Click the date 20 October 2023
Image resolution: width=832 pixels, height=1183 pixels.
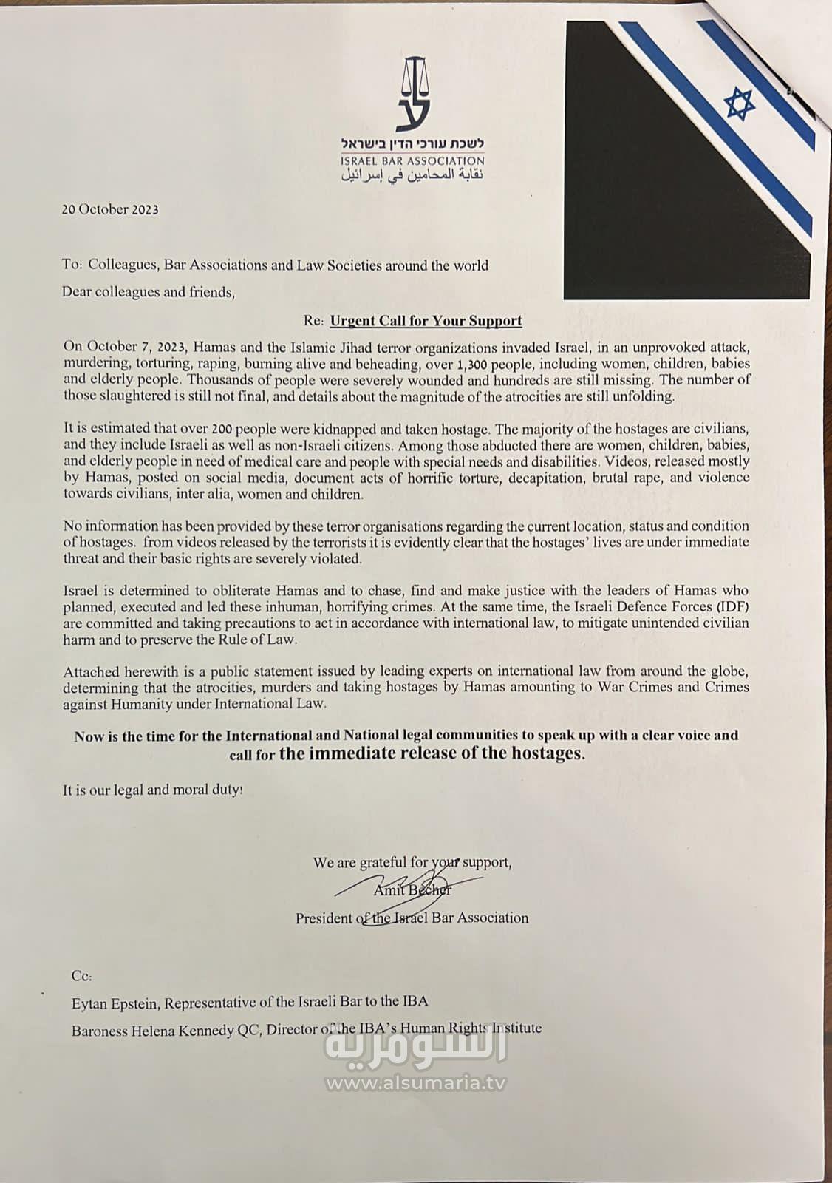coord(110,209)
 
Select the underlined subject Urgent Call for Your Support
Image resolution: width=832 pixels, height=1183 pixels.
coord(426,321)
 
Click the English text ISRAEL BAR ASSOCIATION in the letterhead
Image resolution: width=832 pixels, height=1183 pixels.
coord(412,160)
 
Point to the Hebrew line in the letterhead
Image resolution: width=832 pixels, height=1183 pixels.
coord(412,143)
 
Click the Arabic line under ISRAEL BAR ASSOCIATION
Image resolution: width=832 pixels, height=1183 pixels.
coord(412,176)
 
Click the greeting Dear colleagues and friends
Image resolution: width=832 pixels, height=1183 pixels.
coord(148,292)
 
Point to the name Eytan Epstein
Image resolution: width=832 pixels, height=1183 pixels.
coord(115,1002)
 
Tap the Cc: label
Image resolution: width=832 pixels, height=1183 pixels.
coord(81,976)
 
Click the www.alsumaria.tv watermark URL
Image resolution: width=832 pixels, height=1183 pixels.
coord(416,1083)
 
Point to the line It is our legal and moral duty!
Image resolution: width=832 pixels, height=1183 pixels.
coord(152,790)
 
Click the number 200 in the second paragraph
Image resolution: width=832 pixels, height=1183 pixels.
coord(222,429)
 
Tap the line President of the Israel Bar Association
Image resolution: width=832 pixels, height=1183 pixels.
coord(412,918)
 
